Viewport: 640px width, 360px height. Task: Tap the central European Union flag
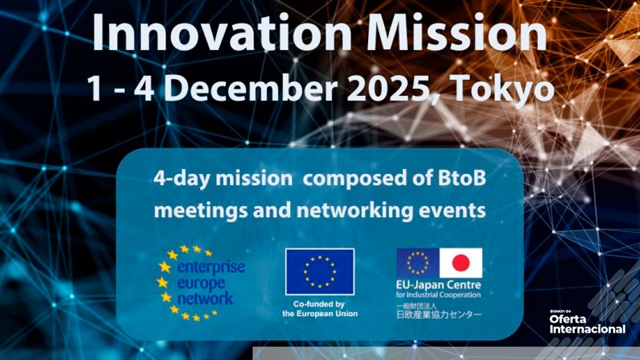[x=320, y=271]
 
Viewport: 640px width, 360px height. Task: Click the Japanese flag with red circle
[x=461, y=263]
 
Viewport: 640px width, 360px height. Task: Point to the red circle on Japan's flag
[x=461, y=263]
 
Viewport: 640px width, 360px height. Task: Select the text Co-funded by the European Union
[x=320, y=308]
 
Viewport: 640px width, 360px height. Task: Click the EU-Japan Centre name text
[x=438, y=285]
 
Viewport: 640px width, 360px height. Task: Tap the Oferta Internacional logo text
[x=587, y=323]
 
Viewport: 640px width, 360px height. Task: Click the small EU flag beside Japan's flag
[x=418, y=263]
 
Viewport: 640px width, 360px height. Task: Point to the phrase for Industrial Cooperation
[x=438, y=295]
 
